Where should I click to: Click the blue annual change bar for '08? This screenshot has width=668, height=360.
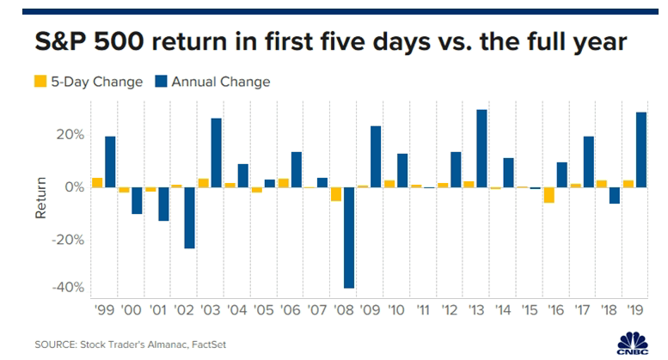pos(349,237)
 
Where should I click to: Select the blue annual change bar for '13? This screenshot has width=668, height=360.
pos(482,148)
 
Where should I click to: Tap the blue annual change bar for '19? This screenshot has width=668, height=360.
pos(641,149)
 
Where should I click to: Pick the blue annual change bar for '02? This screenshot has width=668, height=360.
pos(190,217)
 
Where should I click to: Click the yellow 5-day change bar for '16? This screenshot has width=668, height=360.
pos(549,195)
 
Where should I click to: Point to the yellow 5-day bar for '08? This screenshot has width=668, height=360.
pos(336,193)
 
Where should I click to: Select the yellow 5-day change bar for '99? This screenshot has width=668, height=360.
pos(97,182)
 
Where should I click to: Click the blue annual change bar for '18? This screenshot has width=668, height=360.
pos(615,195)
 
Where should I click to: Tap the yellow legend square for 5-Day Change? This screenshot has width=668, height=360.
pos(39,82)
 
